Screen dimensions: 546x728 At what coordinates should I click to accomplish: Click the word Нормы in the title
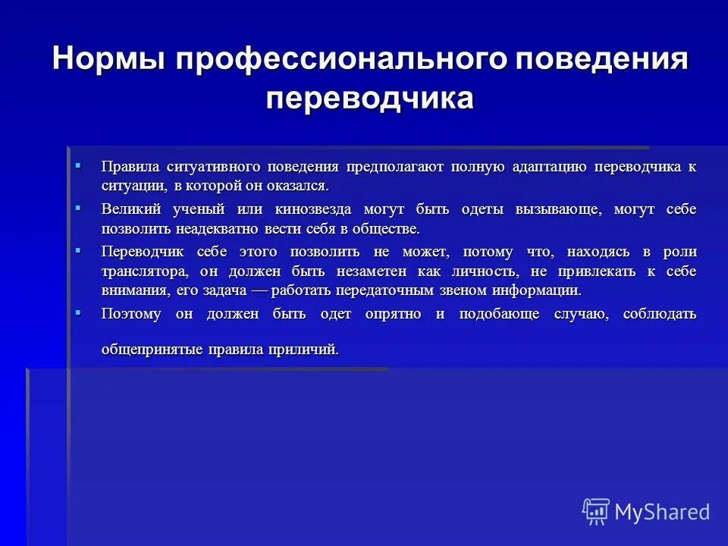(x=108, y=60)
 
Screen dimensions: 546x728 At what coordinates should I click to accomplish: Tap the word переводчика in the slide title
(x=370, y=99)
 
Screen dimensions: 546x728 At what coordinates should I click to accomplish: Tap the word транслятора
(x=144, y=271)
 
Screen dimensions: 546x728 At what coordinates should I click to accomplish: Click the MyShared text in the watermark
(x=662, y=512)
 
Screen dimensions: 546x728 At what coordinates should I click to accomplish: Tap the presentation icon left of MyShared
(x=596, y=511)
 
